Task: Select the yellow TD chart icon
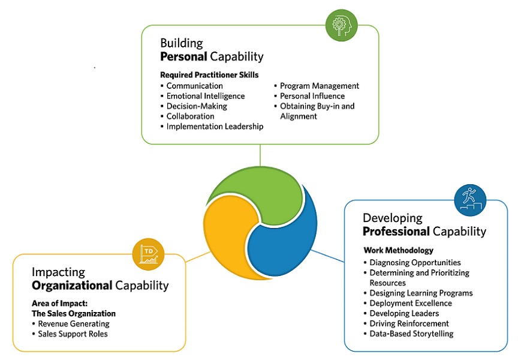click(x=149, y=254)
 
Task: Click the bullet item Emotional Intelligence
click(x=205, y=96)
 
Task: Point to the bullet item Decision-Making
click(x=197, y=106)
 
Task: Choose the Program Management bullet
click(x=319, y=86)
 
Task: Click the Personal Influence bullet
click(x=312, y=96)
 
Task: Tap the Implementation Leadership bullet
click(x=215, y=127)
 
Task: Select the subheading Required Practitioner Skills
click(x=209, y=75)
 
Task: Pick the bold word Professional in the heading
click(x=396, y=232)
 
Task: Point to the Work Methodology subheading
click(x=398, y=250)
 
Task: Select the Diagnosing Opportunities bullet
click(x=415, y=262)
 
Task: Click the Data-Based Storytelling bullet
click(x=411, y=334)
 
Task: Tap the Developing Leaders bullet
click(x=404, y=313)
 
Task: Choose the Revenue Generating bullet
click(x=73, y=324)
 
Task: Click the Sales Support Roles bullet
click(x=73, y=334)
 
